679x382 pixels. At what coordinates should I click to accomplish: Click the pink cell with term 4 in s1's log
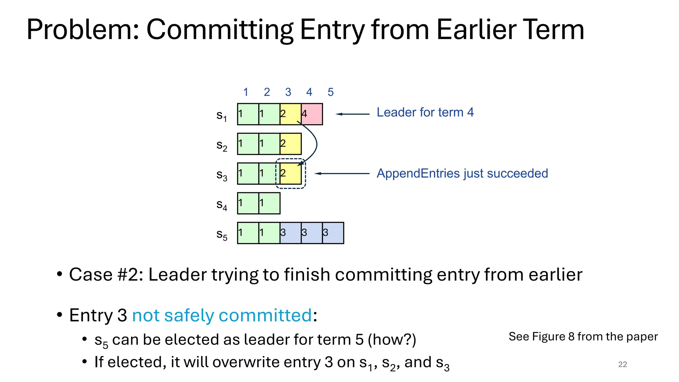coord(312,114)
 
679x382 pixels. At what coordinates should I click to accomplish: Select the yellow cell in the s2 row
coord(291,144)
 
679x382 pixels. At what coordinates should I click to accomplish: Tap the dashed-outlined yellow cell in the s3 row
coord(291,173)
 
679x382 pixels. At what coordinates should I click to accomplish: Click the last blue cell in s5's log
coord(333,233)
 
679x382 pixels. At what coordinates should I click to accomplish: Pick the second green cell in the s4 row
coord(269,203)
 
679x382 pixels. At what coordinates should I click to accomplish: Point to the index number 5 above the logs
coord(331,92)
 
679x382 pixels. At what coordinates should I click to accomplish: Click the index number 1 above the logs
coord(246,92)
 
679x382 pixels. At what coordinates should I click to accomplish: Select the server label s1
coord(221,116)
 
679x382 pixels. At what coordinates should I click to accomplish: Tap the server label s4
coord(221,205)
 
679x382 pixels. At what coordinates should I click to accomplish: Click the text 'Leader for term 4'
coord(425,112)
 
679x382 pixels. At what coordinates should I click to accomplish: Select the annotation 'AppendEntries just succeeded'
coord(462,173)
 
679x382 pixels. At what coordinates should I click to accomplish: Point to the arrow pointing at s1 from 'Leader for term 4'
coord(353,114)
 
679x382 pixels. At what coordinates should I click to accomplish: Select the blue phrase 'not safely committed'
coord(222,315)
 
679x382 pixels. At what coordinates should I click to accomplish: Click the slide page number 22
coord(622,364)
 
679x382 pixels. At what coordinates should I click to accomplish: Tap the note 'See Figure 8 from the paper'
coord(583,337)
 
